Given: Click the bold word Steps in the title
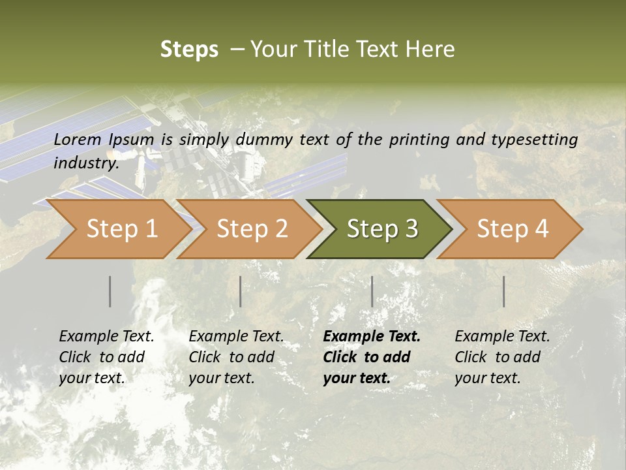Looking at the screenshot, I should pos(189,50).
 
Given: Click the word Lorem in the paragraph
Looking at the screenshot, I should pos(78,139).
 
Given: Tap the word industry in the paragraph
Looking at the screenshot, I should pos(85,163).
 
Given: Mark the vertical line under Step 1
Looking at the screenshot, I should pos(110,291).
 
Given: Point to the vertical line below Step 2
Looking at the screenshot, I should pos(241,291).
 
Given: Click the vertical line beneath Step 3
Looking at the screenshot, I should pos(372,291).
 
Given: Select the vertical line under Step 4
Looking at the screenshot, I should pos(504,291).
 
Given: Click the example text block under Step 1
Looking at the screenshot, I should pos(106,357).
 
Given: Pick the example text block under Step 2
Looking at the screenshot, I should pos(236,357).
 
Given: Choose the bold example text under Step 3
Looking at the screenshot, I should pos(372,357).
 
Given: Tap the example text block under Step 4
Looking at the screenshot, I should pos(502,357).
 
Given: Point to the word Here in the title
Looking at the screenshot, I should pos(430,50).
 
